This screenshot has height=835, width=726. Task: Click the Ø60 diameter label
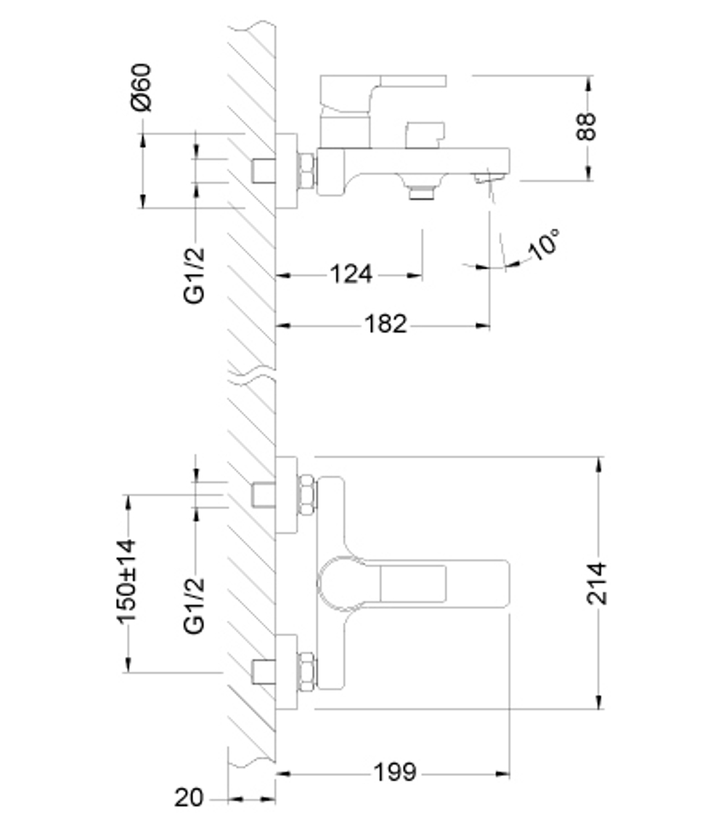(142, 86)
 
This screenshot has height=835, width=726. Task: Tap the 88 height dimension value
(587, 126)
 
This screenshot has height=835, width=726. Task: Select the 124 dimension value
(351, 274)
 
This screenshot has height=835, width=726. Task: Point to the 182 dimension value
(385, 324)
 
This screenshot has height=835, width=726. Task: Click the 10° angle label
(544, 244)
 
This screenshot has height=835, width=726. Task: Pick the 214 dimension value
(597, 583)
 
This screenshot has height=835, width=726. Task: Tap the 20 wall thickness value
(189, 798)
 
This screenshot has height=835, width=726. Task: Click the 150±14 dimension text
(126, 581)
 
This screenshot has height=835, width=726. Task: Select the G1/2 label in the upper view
(195, 275)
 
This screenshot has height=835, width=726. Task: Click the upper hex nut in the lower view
(307, 495)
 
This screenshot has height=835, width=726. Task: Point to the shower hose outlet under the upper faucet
(420, 191)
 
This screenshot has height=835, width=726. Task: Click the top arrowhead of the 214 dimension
(599, 463)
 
